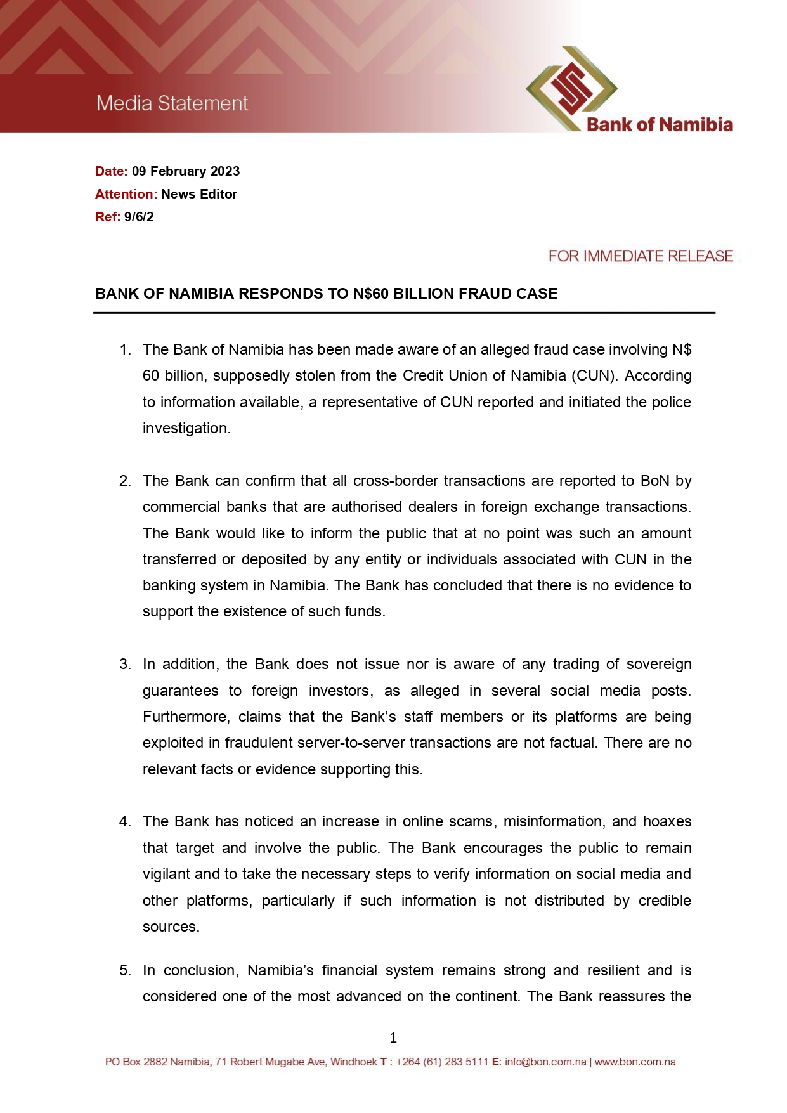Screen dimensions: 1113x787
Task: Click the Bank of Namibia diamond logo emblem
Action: [571, 88]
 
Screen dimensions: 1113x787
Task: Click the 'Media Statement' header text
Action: [172, 103]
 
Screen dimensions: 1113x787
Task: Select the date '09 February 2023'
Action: [186, 171]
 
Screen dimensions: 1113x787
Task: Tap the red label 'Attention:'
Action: [126, 194]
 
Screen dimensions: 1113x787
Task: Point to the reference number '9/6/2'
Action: [139, 217]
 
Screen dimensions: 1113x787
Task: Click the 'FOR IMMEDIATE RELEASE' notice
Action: [641, 256]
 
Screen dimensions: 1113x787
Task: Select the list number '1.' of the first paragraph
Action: [125, 350]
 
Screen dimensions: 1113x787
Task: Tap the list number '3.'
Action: [125, 665]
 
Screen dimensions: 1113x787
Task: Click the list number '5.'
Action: [125, 971]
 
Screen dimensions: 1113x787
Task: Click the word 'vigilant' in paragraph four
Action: [166, 875]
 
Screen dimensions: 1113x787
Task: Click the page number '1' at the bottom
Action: [393, 1038]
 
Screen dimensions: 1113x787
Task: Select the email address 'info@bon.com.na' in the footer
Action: [545, 1062]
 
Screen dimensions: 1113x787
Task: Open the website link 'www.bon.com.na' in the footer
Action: [635, 1062]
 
